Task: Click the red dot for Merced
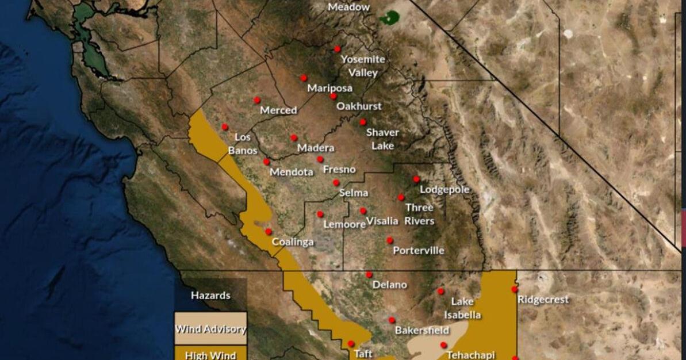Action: [257, 100]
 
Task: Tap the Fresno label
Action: [339, 170]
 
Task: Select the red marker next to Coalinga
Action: [269, 232]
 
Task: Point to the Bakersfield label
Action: [421, 331]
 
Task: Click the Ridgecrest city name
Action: [543, 300]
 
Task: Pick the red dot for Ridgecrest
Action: [515, 289]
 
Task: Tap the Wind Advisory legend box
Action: [211, 330]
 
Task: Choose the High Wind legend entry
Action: [211, 354]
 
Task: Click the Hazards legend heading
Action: [210, 296]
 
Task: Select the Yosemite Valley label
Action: [363, 66]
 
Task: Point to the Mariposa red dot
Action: [304, 78]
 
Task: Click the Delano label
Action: [389, 285]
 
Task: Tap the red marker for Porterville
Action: [390, 240]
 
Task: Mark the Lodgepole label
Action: [444, 190]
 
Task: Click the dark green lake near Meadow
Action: [390, 17]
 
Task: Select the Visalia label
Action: [382, 221]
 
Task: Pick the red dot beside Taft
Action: [351, 344]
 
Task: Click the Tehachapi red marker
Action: [443, 345]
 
